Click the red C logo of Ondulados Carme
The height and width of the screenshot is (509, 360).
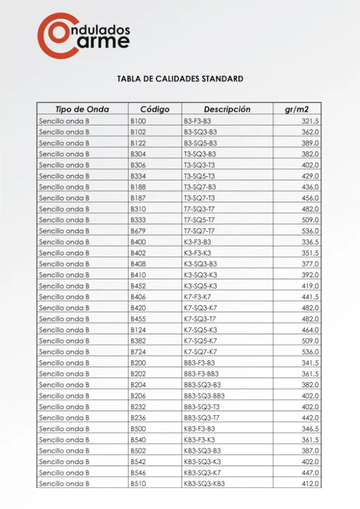(53, 34)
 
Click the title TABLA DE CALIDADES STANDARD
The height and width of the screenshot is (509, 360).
(180, 79)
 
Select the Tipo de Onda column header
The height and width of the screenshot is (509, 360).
(82, 109)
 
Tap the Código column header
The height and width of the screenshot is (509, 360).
(154, 109)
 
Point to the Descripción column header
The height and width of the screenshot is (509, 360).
(227, 109)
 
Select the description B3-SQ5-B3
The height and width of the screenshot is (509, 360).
(200, 143)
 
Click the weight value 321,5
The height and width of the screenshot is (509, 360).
(310, 121)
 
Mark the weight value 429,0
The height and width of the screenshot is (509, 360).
(310, 176)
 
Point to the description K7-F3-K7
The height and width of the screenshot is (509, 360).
(197, 297)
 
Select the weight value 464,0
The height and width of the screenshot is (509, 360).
(310, 330)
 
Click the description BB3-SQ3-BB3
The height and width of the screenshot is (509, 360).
(204, 396)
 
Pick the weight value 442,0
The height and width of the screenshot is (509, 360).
(310, 418)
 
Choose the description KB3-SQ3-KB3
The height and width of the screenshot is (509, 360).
(204, 483)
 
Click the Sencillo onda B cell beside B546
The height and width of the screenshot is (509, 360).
(64, 472)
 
